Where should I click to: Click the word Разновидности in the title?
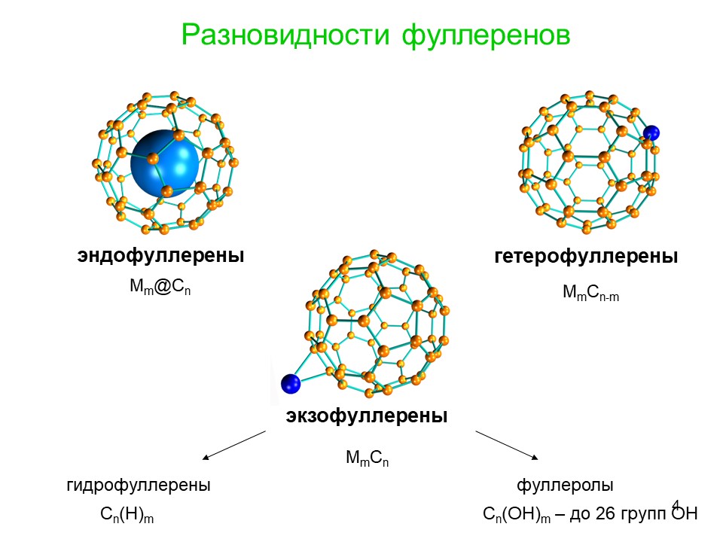point(285,35)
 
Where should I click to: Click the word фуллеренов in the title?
point(486,35)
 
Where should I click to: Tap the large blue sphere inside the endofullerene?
point(165,163)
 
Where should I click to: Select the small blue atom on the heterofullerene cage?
point(651,133)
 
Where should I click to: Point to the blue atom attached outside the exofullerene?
point(291,383)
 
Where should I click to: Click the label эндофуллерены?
point(160,255)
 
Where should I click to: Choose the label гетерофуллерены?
point(586,256)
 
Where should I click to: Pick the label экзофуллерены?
point(367,416)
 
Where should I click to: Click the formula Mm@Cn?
point(160,287)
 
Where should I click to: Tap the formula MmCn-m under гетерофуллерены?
point(590,292)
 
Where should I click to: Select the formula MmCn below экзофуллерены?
point(367,458)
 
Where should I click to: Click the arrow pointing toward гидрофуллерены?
point(233,445)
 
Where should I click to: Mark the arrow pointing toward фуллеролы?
point(507,445)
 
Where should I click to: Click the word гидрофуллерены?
point(139,486)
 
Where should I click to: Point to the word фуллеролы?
point(565,486)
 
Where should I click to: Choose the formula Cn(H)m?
point(127,514)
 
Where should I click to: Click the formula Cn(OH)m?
point(517,514)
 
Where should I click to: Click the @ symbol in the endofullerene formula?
point(163,287)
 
